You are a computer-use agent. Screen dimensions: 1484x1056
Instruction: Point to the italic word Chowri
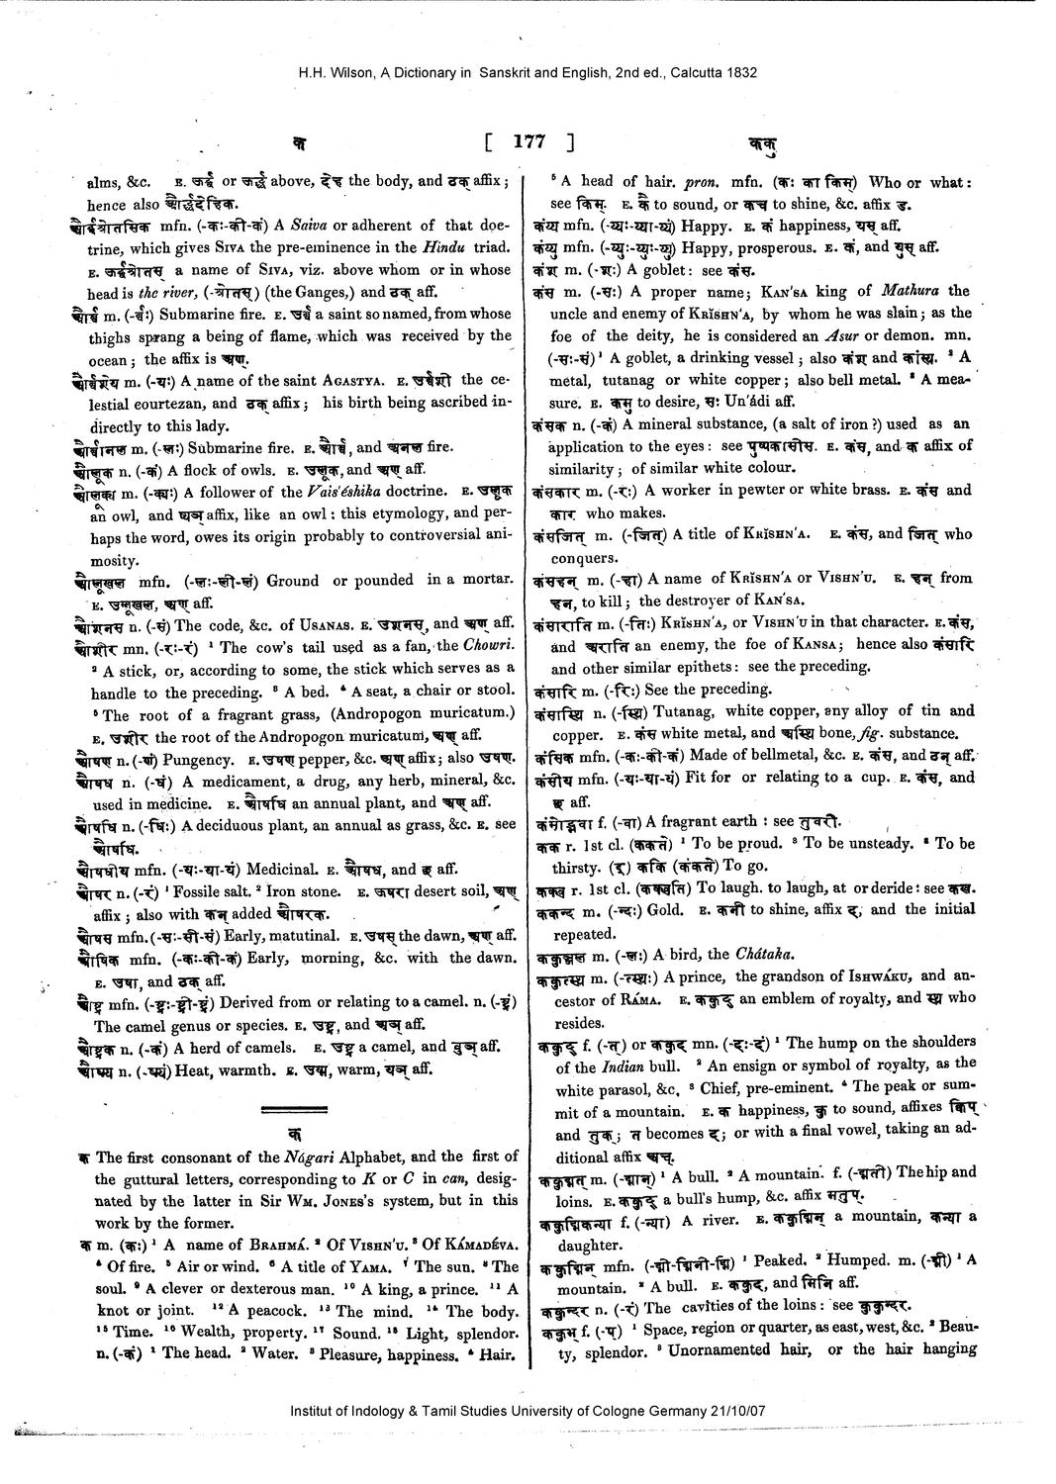pos(489,646)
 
